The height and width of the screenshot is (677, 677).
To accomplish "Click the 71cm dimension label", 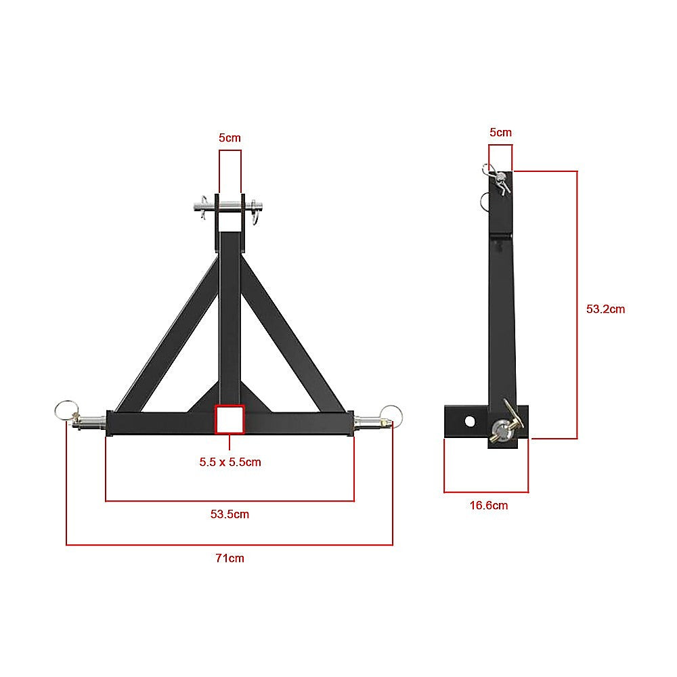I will pyautogui.click(x=230, y=559).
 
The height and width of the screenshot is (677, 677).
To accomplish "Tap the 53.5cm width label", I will pyautogui.click(x=230, y=514).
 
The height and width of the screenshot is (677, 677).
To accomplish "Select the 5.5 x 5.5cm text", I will pyautogui.click(x=230, y=462).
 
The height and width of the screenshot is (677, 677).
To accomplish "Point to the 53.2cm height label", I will pyautogui.click(x=605, y=309).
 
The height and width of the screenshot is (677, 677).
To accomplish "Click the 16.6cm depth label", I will pyautogui.click(x=489, y=505).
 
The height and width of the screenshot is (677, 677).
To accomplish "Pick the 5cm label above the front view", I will pyautogui.click(x=230, y=137).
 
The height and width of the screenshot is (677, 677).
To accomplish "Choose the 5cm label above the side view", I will pyautogui.click(x=500, y=132).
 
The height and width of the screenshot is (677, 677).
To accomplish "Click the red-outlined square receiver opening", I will pyautogui.click(x=230, y=419).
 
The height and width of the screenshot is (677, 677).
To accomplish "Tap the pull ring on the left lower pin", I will pyautogui.click(x=65, y=409).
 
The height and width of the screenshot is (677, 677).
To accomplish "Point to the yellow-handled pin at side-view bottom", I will pyautogui.click(x=506, y=425).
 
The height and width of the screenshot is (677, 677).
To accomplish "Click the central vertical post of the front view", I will pyautogui.click(x=230, y=318).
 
